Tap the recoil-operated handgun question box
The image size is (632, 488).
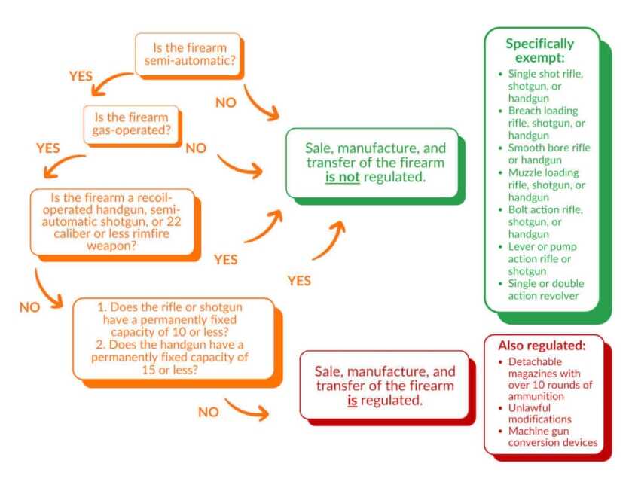tap(112, 221)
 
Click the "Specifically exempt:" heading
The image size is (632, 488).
tap(539, 50)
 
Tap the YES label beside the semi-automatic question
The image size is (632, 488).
tap(81, 77)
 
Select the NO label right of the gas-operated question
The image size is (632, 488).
tap(196, 148)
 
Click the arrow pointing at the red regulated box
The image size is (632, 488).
tap(247, 410)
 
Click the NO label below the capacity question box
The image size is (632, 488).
tap(209, 412)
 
